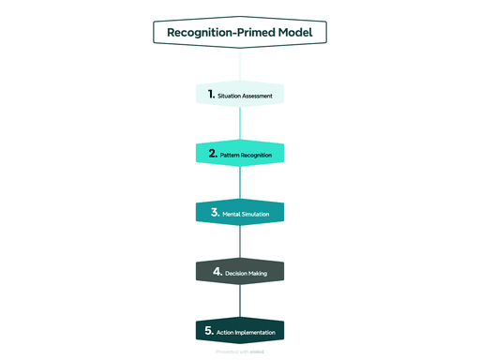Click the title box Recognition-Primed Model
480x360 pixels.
click(240, 33)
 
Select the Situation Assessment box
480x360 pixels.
click(240, 95)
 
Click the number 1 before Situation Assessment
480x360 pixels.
click(212, 94)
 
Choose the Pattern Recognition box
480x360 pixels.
click(240, 153)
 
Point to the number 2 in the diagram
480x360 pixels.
click(213, 153)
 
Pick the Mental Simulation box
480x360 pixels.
click(240, 213)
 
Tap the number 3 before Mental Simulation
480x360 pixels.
click(215, 212)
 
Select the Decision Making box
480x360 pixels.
click(240, 272)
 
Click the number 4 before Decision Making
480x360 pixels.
click(217, 272)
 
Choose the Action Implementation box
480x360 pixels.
click(240, 331)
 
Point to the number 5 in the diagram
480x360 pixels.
click(209, 330)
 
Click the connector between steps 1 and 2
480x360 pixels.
click(240, 124)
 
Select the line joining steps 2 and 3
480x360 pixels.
click(240, 183)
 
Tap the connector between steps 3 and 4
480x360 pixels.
click(240, 242)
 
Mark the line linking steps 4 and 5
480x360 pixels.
click(240, 301)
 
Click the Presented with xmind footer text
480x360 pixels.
click(240, 352)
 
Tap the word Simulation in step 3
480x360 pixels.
click(256, 214)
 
